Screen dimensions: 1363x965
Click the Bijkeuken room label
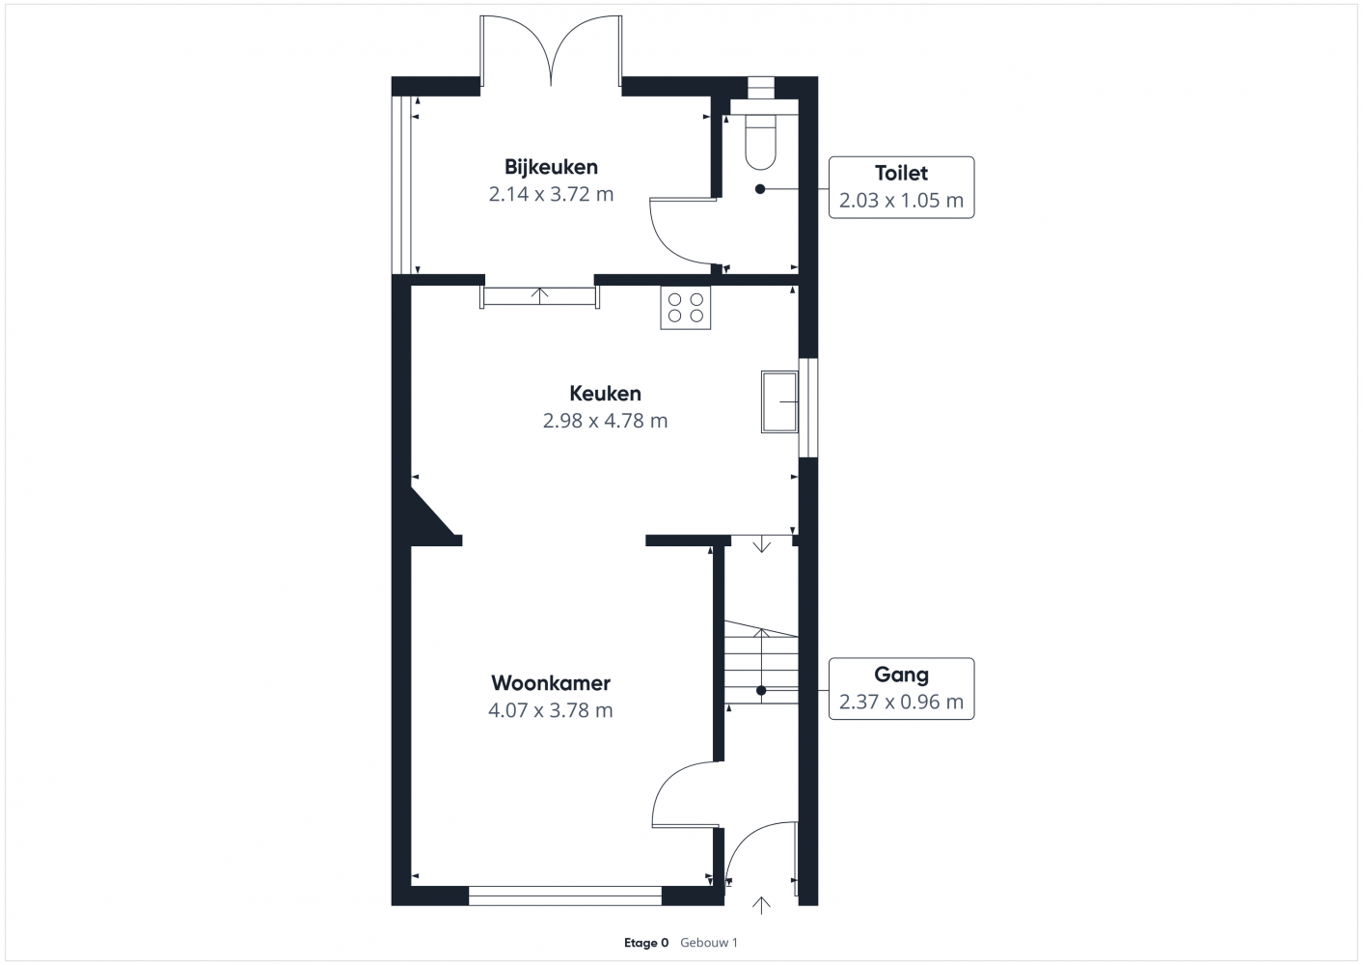click(551, 167)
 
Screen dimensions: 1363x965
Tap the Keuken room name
click(605, 394)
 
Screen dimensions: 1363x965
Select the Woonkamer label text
click(551, 683)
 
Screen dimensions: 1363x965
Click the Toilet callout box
click(901, 187)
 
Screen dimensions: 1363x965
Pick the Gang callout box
click(901, 689)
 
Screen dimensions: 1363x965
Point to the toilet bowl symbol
click(761, 142)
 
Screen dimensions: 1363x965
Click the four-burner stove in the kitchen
click(685, 308)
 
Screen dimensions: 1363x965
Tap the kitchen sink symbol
click(778, 401)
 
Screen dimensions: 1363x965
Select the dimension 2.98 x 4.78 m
click(605, 421)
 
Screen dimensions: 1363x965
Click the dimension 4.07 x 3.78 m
click(551, 710)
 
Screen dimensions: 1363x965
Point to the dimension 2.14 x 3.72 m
click(551, 194)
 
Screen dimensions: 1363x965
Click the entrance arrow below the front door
click(761, 905)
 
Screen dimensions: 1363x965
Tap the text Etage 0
click(646, 943)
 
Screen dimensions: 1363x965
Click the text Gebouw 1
click(709, 943)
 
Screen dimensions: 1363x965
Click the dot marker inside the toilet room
click(760, 189)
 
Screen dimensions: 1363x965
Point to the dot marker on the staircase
click(761, 690)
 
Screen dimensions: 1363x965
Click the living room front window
click(564, 896)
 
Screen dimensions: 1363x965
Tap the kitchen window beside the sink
click(808, 407)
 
